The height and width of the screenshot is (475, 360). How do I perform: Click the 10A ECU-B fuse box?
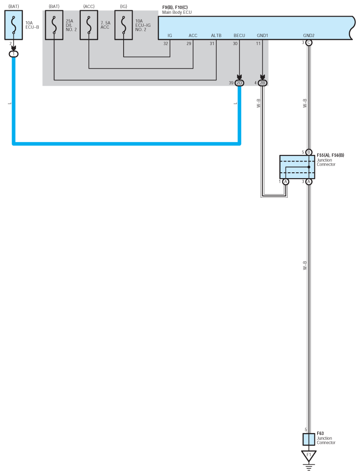tap(13, 25)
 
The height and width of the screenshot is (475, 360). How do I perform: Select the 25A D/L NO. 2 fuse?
tap(54, 25)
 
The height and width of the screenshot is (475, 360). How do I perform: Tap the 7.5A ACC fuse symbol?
tap(89, 25)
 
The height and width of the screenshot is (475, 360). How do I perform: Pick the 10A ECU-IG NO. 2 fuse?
tap(124, 25)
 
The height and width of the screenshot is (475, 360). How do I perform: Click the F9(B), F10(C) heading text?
tap(175, 7)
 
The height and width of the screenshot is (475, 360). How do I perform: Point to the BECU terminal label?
tap(239, 35)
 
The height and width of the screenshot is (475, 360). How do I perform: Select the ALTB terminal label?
tap(216, 35)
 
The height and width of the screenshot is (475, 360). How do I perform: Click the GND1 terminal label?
tap(262, 35)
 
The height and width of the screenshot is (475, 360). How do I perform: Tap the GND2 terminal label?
tap(309, 35)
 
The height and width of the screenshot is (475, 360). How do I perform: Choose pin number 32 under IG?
tap(166, 43)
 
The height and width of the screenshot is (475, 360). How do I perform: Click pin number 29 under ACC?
tap(189, 43)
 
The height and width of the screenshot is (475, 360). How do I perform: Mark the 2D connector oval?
tap(240, 83)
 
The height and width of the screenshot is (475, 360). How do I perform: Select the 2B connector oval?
tap(263, 83)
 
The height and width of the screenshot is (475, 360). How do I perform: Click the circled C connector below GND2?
tap(309, 43)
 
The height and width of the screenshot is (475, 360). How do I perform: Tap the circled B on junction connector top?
tap(309, 152)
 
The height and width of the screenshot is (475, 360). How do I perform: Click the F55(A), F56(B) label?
tap(330, 155)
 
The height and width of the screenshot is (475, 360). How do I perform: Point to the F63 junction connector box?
tap(309, 439)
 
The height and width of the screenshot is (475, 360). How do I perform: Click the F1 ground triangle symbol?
tap(309, 456)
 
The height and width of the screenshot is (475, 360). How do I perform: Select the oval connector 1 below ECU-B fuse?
tap(13, 54)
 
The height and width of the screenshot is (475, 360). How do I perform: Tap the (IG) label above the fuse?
tap(124, 6)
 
